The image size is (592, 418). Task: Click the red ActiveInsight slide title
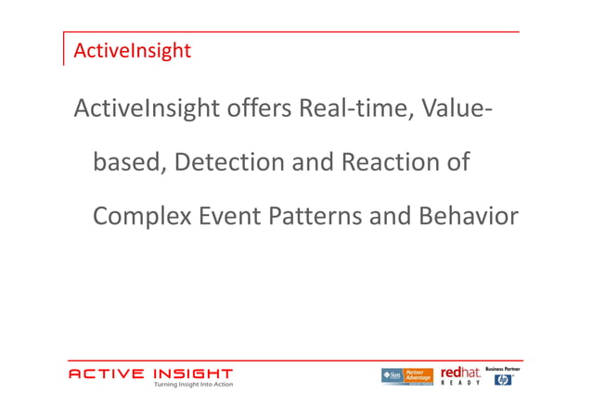[132, 51]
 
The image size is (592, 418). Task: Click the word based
[129, 163]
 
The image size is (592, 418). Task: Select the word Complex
[142, 217]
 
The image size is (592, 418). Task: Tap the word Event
[229, 217]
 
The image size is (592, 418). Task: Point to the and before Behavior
[391, 217]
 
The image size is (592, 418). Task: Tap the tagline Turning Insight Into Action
[193, 385]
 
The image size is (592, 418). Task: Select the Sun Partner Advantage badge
[406, 375]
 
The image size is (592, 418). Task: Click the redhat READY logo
[460, 374]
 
